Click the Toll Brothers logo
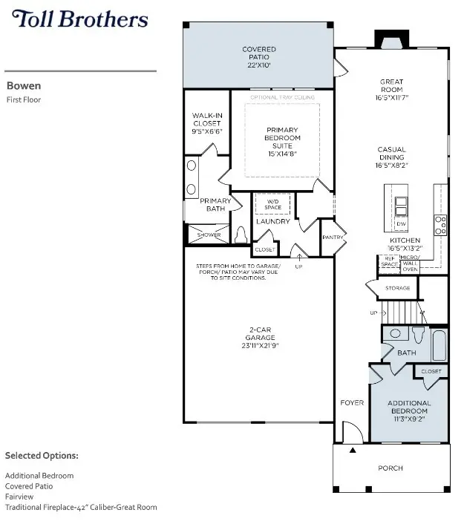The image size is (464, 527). click(x=79, y=19)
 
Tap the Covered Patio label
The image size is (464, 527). click(x=259, y=53)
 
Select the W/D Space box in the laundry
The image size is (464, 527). click(x=272, y=204)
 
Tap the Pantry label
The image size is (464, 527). click(x=331, y=238)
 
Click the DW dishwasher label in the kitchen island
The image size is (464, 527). click(x=402, y=223)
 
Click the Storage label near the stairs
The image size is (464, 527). click(x=398, y=287)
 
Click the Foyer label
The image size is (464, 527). click(x=352, y=403)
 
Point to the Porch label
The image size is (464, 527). click(x=391, y=468)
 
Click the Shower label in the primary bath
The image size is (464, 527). click(x=204, y=235)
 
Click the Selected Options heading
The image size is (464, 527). click(x=42, y=455)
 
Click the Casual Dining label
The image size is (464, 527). click(x=391, y=153)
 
